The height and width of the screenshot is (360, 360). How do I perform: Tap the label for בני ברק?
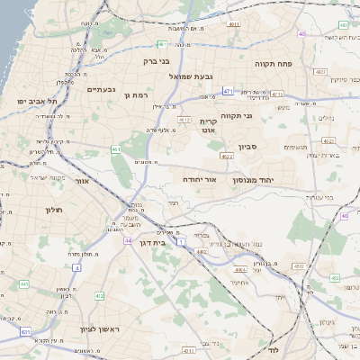coord(157,62)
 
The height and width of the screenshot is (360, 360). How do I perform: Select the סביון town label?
coord(247,146)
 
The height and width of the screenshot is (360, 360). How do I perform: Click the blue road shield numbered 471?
coord(229,91)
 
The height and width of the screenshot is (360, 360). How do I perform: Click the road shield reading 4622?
coord(226,157)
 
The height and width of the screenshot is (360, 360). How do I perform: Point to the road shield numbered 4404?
coord(238,268)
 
